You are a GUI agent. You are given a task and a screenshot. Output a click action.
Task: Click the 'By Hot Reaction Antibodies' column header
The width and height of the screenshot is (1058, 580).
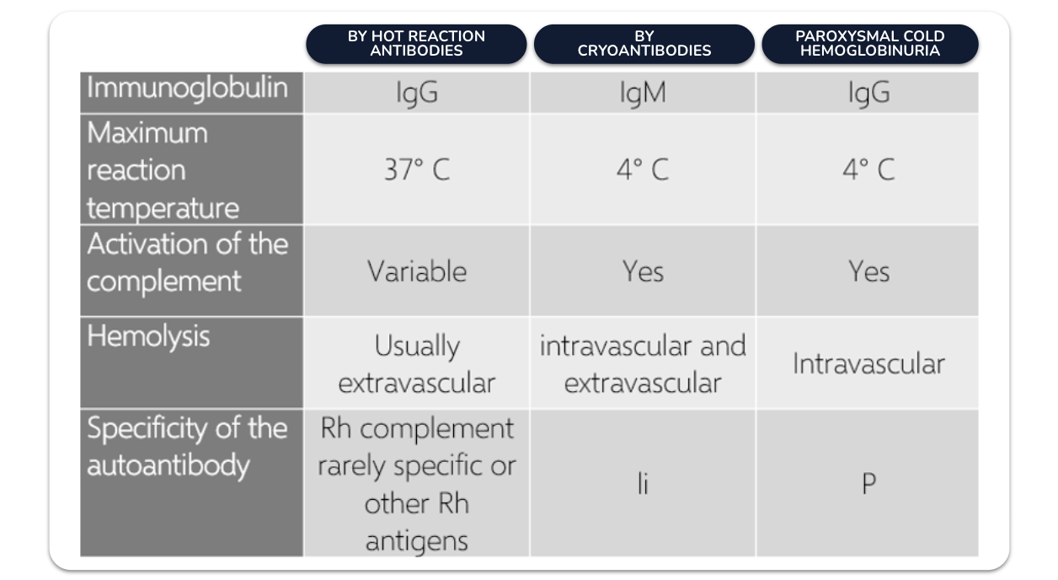click(416, 44)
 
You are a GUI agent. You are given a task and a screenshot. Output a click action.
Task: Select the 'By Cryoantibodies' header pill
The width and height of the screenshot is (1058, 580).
click(644, 44)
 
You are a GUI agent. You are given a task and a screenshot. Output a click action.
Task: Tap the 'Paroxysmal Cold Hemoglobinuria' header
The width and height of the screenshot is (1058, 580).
click(870, 44)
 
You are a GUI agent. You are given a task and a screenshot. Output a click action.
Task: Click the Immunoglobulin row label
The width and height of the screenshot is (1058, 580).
click(188, 89)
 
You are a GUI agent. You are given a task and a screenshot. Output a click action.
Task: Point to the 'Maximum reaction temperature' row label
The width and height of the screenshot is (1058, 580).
click(163, 170)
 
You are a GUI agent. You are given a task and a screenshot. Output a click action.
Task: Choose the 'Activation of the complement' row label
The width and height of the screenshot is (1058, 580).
click(188, 263)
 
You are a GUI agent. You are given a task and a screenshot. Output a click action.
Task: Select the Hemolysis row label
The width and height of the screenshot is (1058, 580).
click(148, 336)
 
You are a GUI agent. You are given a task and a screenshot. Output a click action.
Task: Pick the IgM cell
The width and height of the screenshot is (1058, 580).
click(643, 93)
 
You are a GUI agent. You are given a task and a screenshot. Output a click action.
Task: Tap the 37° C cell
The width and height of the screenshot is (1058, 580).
click(417, 169)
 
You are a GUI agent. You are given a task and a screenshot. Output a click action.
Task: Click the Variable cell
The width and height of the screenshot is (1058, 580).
click(417, 271)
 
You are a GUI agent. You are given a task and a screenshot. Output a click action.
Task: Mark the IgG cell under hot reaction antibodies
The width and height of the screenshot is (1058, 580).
click(417, 93)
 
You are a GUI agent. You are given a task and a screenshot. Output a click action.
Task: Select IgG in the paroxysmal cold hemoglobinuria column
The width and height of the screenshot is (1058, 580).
click(869, 93)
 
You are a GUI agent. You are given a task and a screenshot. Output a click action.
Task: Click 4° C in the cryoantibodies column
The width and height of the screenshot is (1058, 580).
click(643, 169)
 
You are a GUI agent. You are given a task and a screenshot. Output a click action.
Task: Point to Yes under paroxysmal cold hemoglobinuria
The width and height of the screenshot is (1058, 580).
click(869, 271)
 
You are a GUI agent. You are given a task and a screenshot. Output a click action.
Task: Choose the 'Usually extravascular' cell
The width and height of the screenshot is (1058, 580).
click(417, 364)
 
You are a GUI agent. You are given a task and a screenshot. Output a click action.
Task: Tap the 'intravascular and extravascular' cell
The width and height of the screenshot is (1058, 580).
click(643, 364)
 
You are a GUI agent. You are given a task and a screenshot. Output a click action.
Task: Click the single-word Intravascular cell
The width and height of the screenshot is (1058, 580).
click(869, 364)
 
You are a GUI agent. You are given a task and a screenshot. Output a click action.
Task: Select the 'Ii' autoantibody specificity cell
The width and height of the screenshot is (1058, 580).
click(643, 484)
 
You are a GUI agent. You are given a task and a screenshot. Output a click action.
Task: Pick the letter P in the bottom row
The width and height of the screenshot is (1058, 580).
click(869, 484)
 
